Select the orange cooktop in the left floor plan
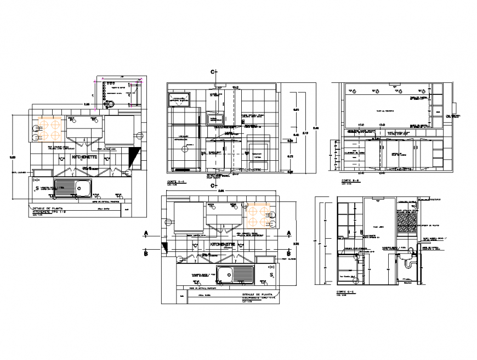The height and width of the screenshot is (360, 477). (x=50, y=128)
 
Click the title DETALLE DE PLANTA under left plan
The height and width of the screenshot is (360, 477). (x=44, y=209)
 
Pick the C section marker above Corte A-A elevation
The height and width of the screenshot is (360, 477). (x=215, y=72)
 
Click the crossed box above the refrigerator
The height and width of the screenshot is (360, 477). (x=179, y=99)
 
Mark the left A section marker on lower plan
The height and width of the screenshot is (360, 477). (x=146, y=233)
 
